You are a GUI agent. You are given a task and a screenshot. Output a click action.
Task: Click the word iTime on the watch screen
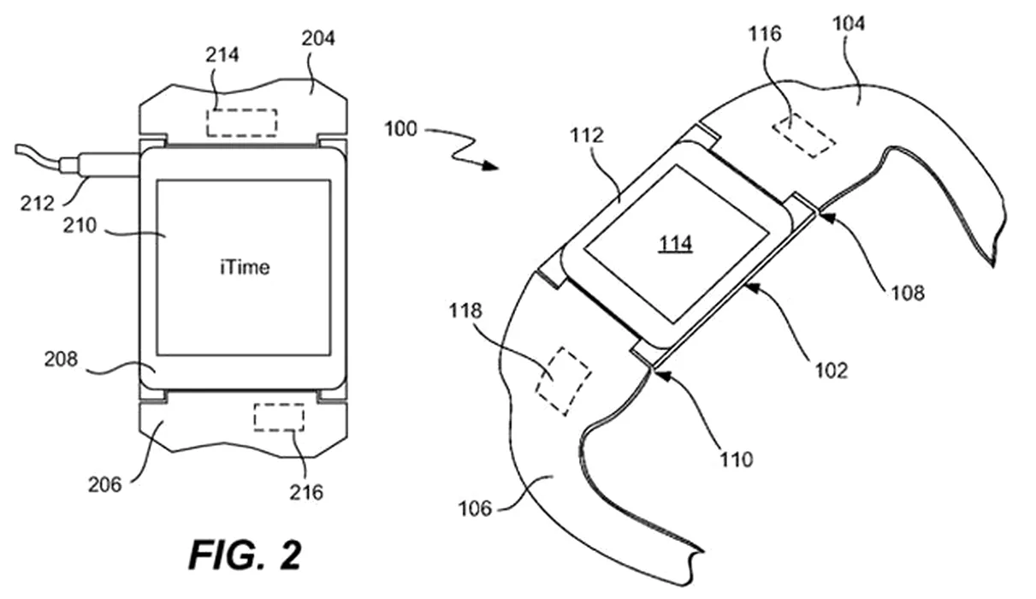(x=245, y=267)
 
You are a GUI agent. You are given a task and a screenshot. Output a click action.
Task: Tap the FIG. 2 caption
(x=246, y=555)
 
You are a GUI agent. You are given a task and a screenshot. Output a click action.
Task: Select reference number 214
(x=222, y=55)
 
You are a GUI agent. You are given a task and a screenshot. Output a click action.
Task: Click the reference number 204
(x=318, y=39)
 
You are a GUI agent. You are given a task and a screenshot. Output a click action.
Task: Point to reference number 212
(x=38, y=204)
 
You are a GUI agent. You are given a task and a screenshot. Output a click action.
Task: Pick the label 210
(x=80, y=226)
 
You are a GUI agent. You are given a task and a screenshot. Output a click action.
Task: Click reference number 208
(x=61, y=359)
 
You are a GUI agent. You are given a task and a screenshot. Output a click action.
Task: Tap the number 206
(x=105, y=484)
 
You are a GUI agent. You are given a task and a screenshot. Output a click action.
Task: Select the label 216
(x=306, y=493)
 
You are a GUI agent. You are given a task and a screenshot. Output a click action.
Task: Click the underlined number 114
(x=676, y=243)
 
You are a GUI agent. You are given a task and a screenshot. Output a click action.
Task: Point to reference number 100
(x=401, y=129)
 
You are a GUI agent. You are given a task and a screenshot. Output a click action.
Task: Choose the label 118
(x=465, y=311)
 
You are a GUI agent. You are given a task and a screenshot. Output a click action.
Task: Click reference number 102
(x=832, y=371)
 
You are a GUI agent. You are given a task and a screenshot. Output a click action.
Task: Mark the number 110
(x=737, y=460)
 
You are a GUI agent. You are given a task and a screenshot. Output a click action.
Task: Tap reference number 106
(x=475, y=509)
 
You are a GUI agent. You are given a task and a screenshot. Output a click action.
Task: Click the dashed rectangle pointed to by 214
(x=242, y=123)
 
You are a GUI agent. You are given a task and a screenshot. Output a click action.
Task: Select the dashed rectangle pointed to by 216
(x=279, y=418)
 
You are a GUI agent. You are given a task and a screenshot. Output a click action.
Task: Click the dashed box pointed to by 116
(x=804, y=136)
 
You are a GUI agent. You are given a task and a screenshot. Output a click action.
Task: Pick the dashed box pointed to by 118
(x=563, y=381)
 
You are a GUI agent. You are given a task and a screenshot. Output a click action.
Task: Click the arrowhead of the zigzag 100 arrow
(x=490, y=166)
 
